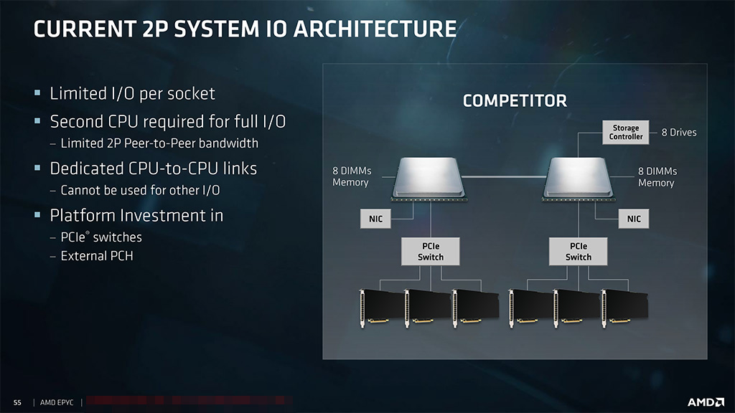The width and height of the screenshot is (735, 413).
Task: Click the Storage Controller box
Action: point(626,133)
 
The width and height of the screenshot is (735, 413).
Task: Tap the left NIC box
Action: point(375,219)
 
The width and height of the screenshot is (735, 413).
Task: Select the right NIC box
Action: point(634,219)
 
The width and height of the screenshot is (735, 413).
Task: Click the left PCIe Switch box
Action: point(431,252)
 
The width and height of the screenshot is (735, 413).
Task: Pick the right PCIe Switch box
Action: point(579,252)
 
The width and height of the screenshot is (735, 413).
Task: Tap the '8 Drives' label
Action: point(679,133)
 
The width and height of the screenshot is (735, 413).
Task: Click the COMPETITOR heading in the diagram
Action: point(515,100)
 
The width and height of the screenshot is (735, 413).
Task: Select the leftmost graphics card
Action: point(380,307)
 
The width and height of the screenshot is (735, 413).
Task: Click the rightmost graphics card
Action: point(624,307)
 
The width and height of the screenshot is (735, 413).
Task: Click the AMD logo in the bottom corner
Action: point(704,402)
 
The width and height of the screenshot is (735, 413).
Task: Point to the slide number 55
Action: point(18,403)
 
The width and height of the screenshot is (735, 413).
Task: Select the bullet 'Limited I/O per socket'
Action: point(132,94)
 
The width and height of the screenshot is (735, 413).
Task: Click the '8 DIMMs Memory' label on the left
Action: point(351,177)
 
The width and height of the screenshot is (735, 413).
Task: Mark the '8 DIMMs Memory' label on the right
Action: point(657,177)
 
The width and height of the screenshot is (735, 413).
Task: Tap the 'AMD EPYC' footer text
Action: point(58,403)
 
